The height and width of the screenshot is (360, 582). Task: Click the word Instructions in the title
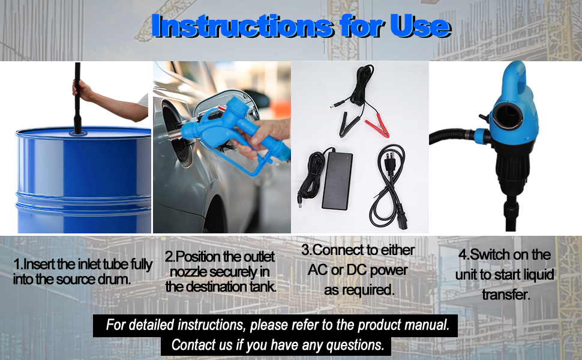(x=242, y=26)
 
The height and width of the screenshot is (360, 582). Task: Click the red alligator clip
(x=377, y=128)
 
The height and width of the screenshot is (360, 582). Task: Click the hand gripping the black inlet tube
(x=82, y=90)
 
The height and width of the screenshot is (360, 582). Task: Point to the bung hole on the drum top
(x=79, y=133)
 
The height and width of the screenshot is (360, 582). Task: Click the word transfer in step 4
(x=506, y=295)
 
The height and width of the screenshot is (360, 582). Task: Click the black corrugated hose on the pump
(x=452, y=135)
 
